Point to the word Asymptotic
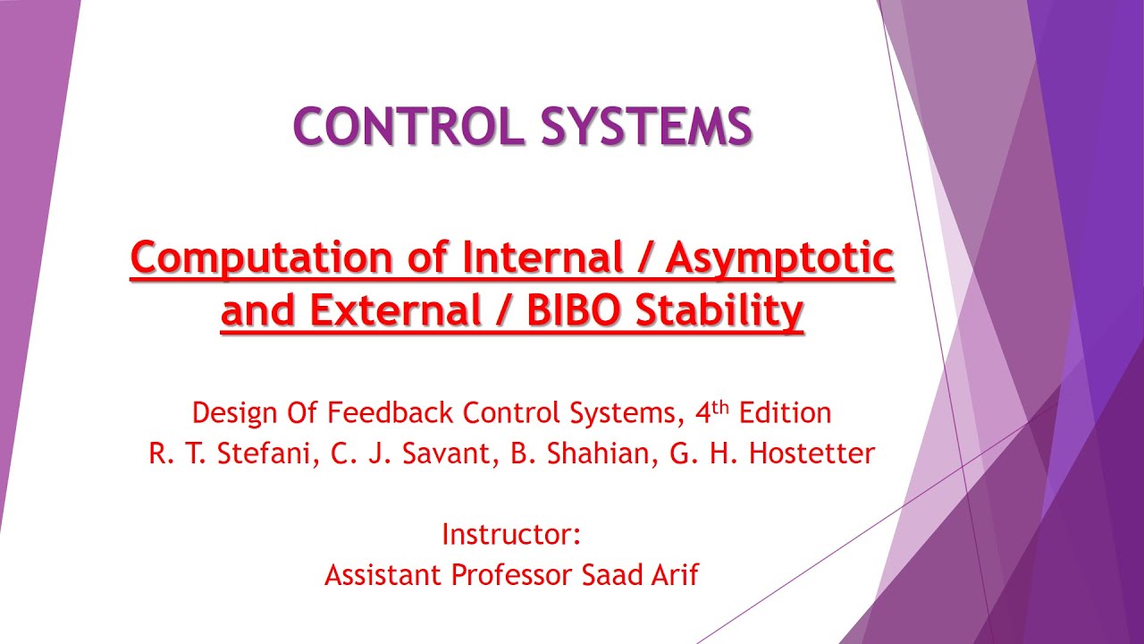point(779,259)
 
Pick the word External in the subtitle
point(396,311)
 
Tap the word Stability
point(719,312)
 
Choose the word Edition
point(785,413)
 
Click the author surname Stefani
point(264,453)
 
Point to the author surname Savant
point(446,453)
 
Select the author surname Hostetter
point(812,453)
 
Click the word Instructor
point(510,535)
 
